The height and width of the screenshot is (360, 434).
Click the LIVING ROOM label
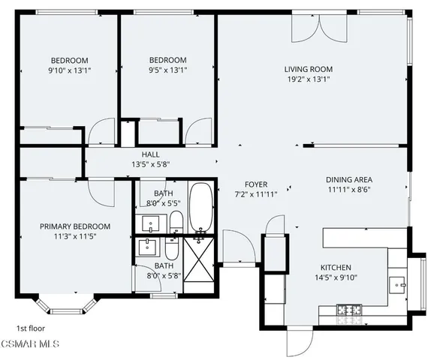(308, 70)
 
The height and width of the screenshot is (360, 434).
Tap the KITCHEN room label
(335, 268)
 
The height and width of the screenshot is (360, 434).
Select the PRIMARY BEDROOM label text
(75, 226)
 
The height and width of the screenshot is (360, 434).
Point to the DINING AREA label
(349, 180)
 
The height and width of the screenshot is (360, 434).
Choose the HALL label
(150, 154)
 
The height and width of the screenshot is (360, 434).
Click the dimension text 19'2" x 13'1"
(308, 80)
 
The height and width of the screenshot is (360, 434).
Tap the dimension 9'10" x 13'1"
(70, 71)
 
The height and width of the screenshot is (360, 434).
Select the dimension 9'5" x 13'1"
(167, 71)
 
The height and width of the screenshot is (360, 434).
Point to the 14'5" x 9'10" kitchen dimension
(335, 278)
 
